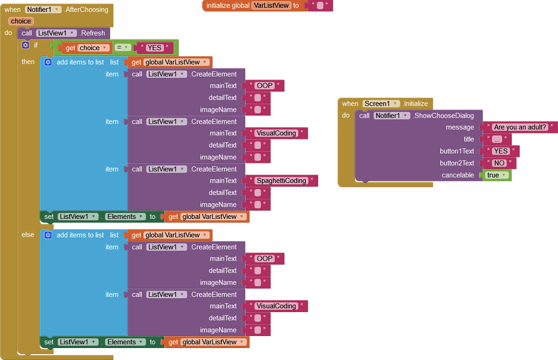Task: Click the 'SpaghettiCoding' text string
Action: (281, 181)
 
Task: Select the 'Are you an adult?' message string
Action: (519, 127)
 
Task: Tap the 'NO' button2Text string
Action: (499, 163)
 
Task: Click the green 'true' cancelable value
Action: (496, 175)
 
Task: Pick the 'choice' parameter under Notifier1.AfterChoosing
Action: (21, 21)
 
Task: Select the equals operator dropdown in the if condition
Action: (123, 47)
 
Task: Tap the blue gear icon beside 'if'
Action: (25, 45)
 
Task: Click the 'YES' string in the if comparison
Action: (154, 48)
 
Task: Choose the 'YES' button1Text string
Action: (501, 151)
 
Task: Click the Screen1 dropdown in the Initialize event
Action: (381, 103)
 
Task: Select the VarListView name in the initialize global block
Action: (271, 5)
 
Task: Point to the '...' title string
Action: (497, 139)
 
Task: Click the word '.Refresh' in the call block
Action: (92, 33)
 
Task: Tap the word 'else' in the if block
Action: (28, 235)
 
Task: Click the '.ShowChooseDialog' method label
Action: (444, 115)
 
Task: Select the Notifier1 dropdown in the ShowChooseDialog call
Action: (392, 115)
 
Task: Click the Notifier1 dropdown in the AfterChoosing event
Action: (43, 10)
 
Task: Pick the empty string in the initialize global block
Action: (320, 5)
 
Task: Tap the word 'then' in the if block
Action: (28, 62)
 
